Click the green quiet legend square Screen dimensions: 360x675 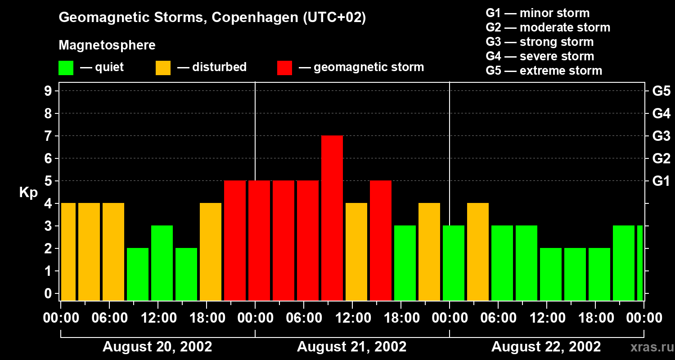coord(66,68)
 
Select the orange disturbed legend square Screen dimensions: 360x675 coord(163,68)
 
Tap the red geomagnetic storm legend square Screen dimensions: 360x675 coord(284,68)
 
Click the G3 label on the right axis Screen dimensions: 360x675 coord(661,136)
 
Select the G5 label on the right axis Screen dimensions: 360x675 coord(661,91)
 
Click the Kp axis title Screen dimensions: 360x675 coord(28,193)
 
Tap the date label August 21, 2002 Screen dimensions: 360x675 coord(351,347)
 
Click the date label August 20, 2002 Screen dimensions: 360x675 coord(157,347)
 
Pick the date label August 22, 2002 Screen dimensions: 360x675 coord(546,347)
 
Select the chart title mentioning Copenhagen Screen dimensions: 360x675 coord(212,18)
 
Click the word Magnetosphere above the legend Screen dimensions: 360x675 coord(107,45)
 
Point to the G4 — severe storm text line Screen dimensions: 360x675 coord(540,56)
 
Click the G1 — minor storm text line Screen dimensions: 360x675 coord(537,13)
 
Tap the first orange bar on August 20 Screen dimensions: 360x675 coord(68,252)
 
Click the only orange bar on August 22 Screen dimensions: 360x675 coord(478,252)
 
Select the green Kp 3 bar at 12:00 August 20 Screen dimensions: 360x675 coord(162,263)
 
